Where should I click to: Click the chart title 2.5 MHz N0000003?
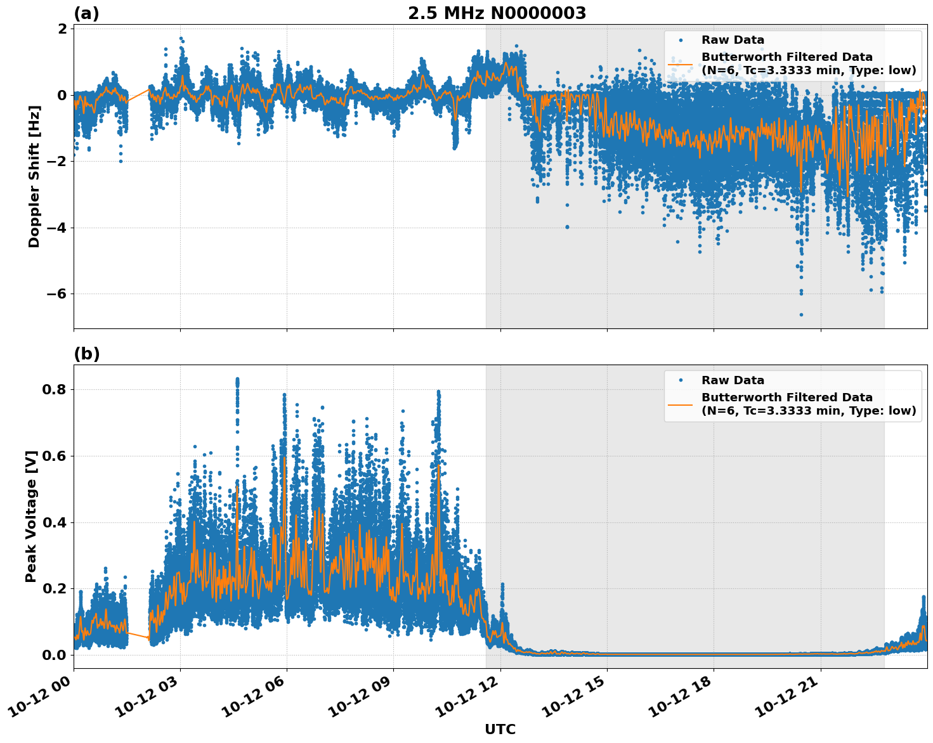pos(497,13)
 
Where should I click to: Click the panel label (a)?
pos(86,13)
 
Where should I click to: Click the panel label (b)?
pos(87,354)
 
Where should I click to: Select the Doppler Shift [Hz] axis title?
pos(34,176)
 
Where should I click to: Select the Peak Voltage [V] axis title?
pos(31,516)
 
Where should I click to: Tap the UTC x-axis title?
pos(500,729)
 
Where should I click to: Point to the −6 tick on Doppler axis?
pos(55,294)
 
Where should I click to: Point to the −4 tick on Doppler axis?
pos(55,228)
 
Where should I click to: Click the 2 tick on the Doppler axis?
pos(62,29)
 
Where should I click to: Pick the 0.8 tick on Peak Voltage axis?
pos(53,389)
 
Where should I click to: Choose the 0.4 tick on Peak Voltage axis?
pos(53,522)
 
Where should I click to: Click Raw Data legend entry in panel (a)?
pos(733,40)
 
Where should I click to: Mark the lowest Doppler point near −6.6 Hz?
pos(801,314)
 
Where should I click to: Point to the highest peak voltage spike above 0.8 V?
pos(237,380)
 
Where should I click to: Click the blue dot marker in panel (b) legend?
pos(680,380)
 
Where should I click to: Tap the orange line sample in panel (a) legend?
pos(680,63)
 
